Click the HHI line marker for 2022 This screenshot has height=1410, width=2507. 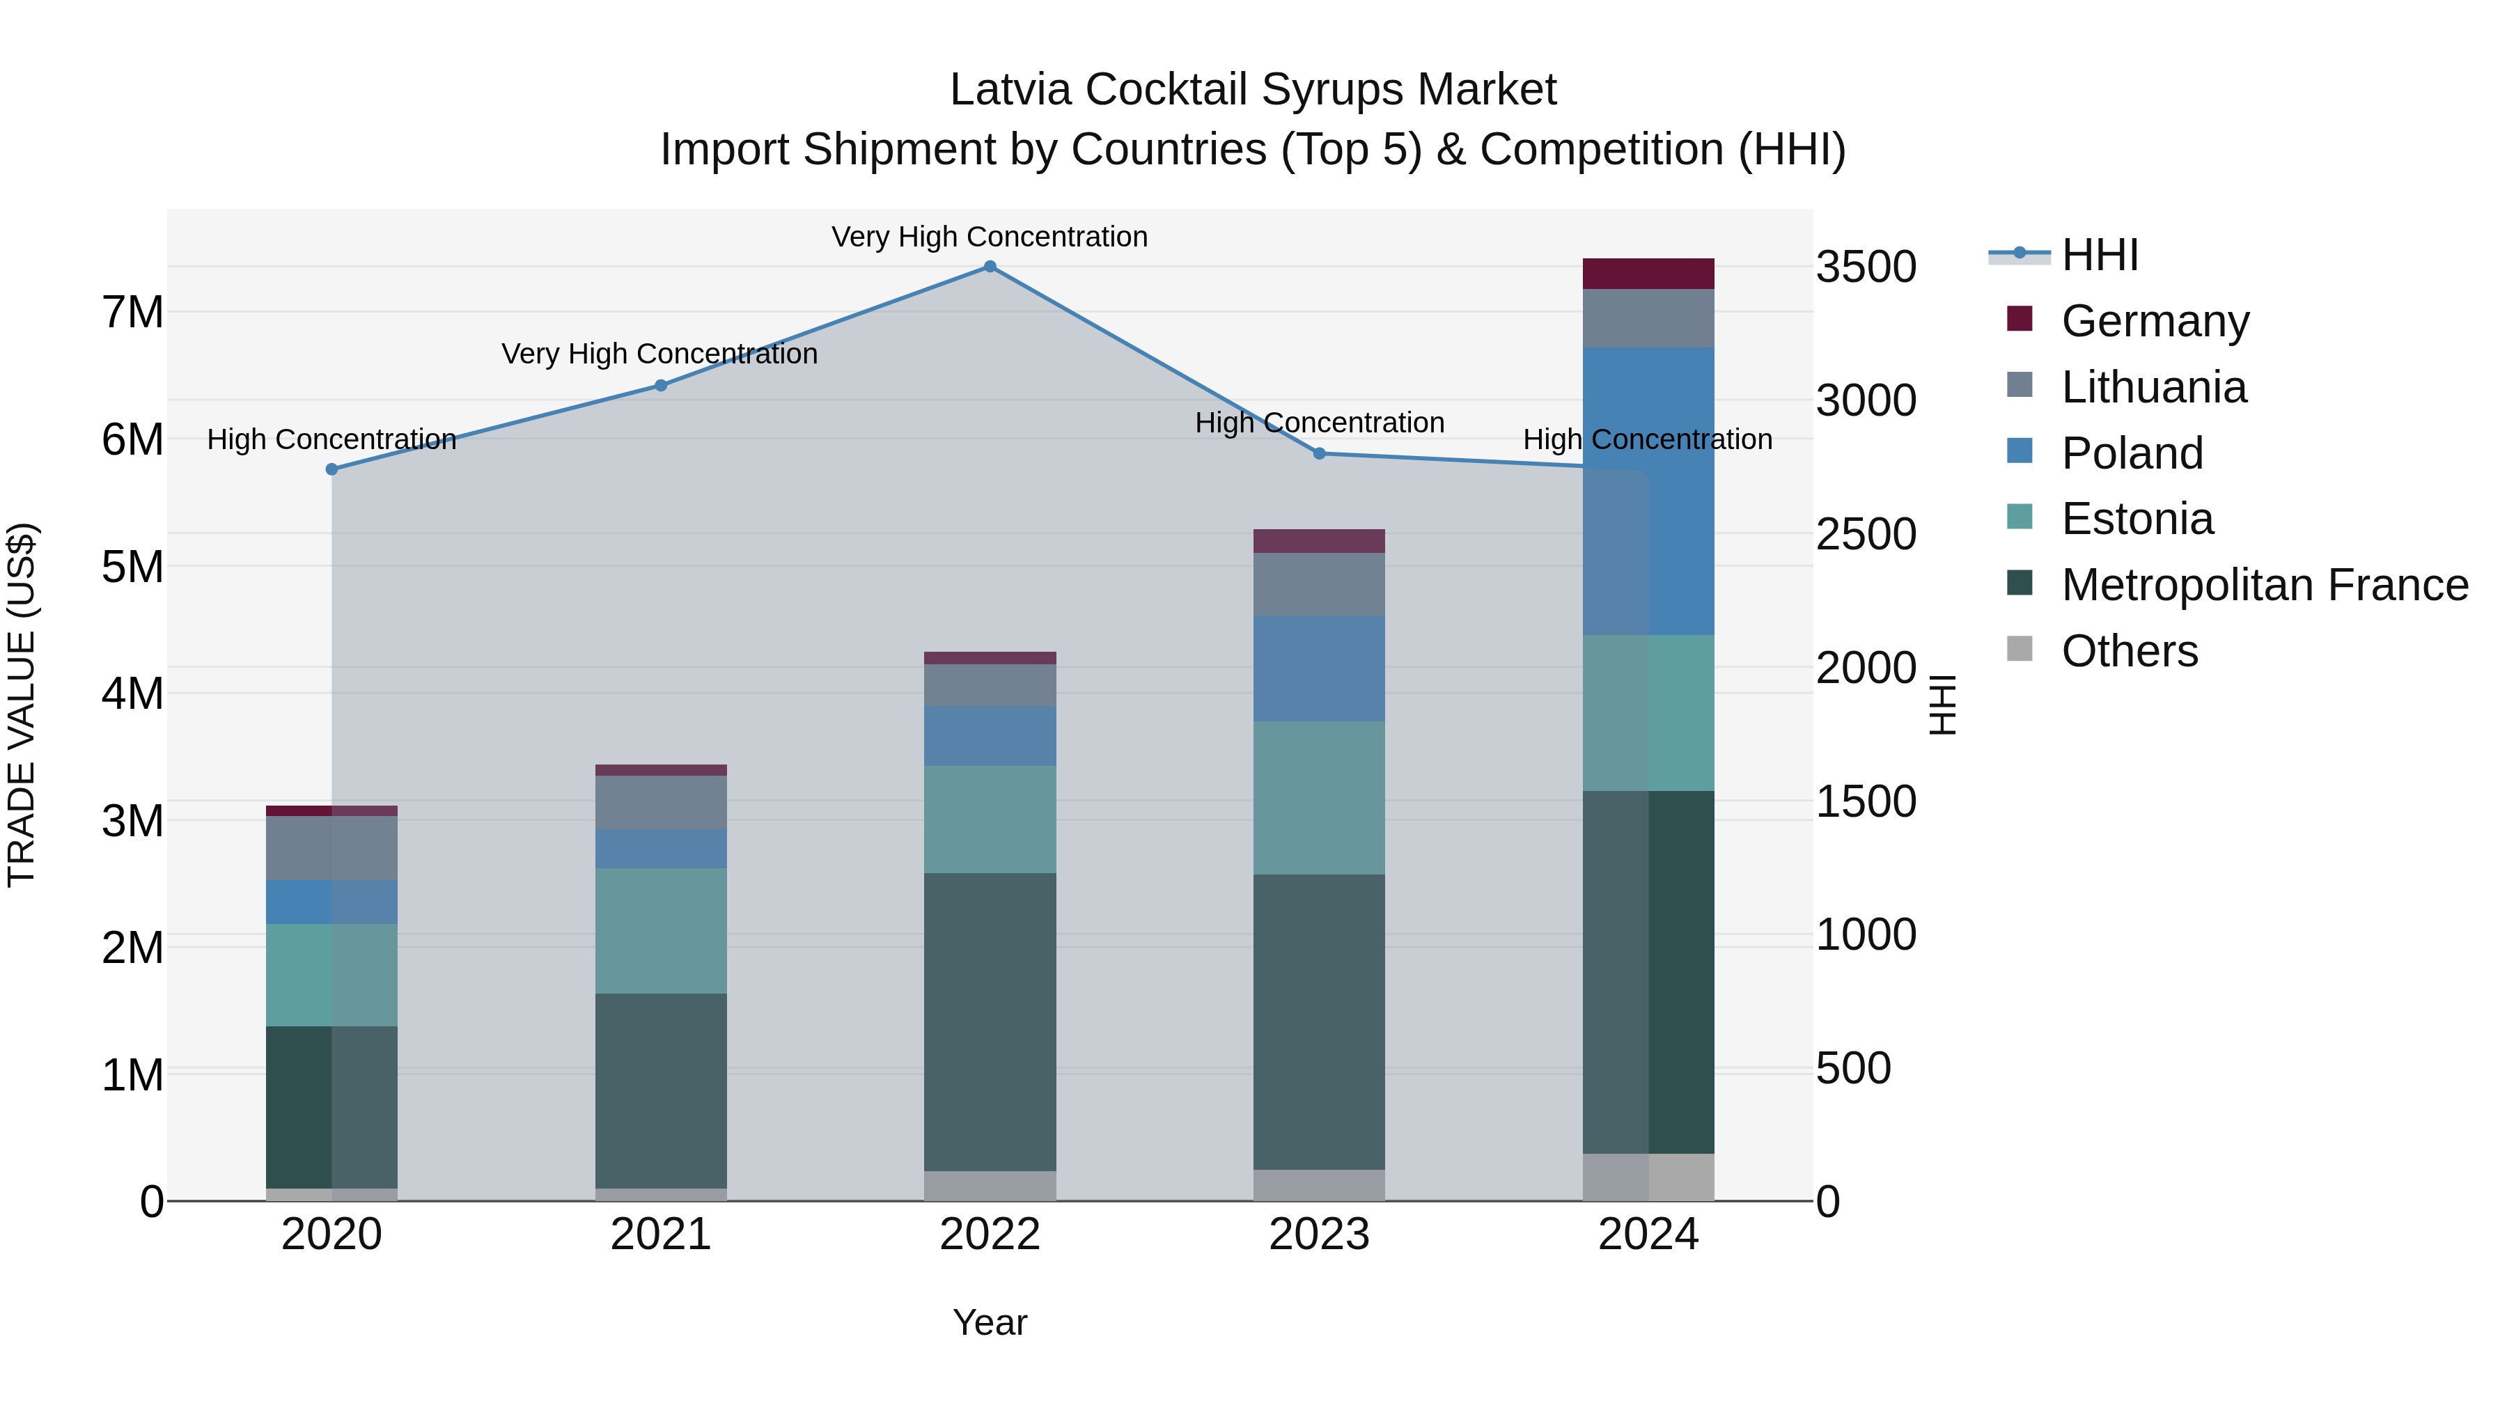(990, 267)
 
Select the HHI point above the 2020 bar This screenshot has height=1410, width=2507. (332, 469)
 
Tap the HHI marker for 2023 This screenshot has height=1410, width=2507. (1320, 453)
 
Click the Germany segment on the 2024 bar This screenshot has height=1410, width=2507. (1648, 274)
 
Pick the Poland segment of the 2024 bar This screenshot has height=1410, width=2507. (1648, 492)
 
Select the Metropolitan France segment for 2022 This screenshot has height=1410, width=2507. (990, 1021)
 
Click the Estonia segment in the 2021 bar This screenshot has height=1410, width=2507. (661, 930)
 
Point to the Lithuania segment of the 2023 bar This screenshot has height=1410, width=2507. (1320, 584)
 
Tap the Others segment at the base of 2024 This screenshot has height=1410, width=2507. (1648, 1177)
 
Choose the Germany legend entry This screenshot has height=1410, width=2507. (2155, 321)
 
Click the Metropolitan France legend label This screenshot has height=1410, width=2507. (2265, 586)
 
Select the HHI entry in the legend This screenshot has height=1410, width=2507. (2099, 255)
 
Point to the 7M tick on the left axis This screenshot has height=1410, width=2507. (132, 313)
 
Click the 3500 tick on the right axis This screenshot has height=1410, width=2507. (1866, 267)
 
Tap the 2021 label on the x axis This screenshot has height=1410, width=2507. (661, 1235)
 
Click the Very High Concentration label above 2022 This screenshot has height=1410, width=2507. (990, 237)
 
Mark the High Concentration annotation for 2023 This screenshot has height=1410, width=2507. (1320, 423)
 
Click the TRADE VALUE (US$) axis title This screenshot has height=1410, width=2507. (22, 705)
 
